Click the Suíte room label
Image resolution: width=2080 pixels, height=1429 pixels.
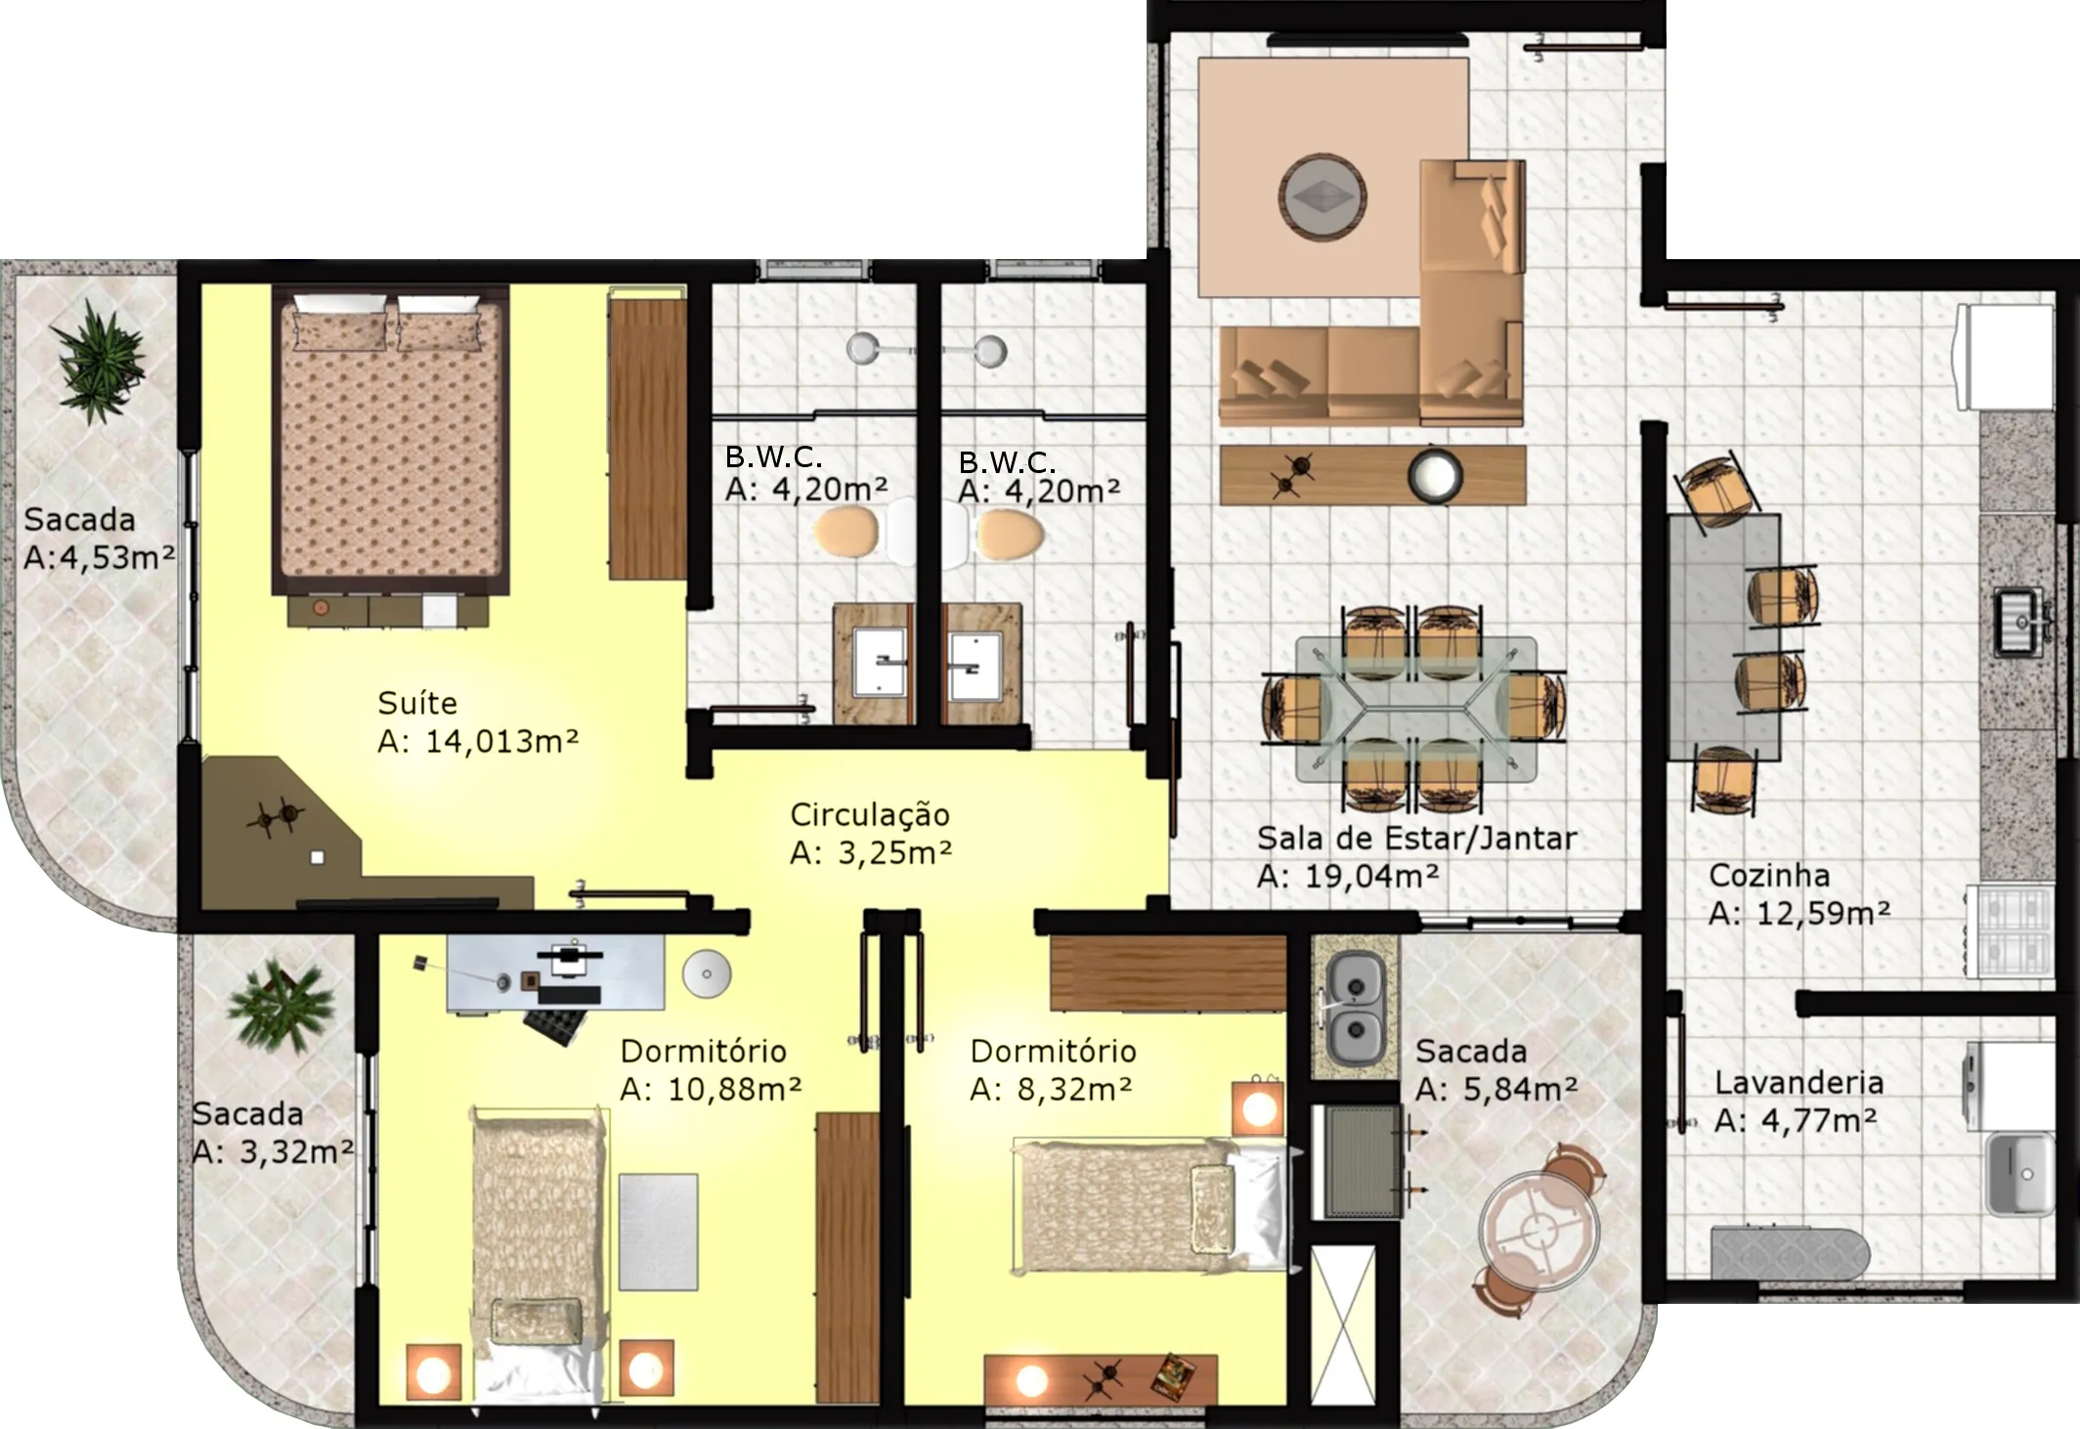417,703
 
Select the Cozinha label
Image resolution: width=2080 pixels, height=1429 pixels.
1769,875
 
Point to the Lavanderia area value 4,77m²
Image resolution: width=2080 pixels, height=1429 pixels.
1819,1119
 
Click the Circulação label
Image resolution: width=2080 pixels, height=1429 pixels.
870,815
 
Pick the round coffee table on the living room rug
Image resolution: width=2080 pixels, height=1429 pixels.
1322,195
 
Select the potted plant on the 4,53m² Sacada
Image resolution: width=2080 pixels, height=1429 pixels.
99,362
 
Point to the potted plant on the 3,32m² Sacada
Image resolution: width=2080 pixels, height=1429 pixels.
281,1007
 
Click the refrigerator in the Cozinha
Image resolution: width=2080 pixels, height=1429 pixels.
2005,357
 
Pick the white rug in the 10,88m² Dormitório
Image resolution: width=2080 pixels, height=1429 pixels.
658,1232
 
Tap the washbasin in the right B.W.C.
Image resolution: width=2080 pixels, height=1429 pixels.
975,667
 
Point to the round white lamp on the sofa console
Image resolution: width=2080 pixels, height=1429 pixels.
1435,475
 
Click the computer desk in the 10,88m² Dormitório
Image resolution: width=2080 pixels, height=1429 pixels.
556,973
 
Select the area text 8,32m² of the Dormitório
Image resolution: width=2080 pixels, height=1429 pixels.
1074,1088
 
